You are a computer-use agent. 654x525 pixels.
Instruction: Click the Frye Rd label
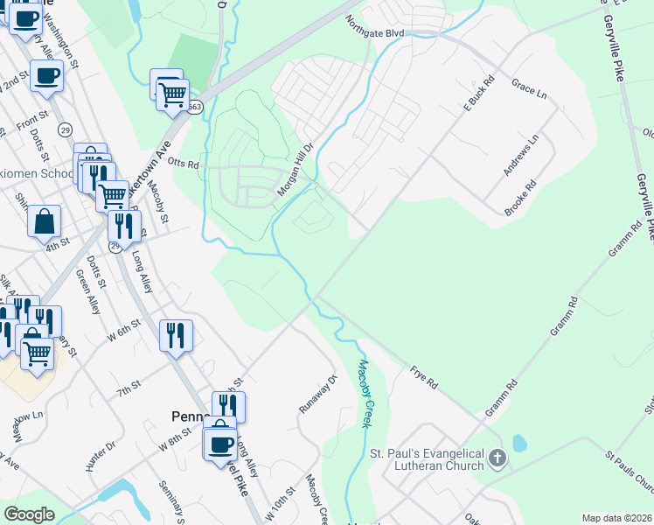[424, 377]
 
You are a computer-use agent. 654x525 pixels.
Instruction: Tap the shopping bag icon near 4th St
[44, 222]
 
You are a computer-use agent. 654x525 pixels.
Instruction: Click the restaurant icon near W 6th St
[176, 334]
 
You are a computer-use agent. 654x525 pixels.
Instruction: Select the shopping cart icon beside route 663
[172, 93]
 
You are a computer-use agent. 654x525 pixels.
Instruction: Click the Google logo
[29, 514]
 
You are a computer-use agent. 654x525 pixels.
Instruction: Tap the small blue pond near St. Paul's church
[518, 444]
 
